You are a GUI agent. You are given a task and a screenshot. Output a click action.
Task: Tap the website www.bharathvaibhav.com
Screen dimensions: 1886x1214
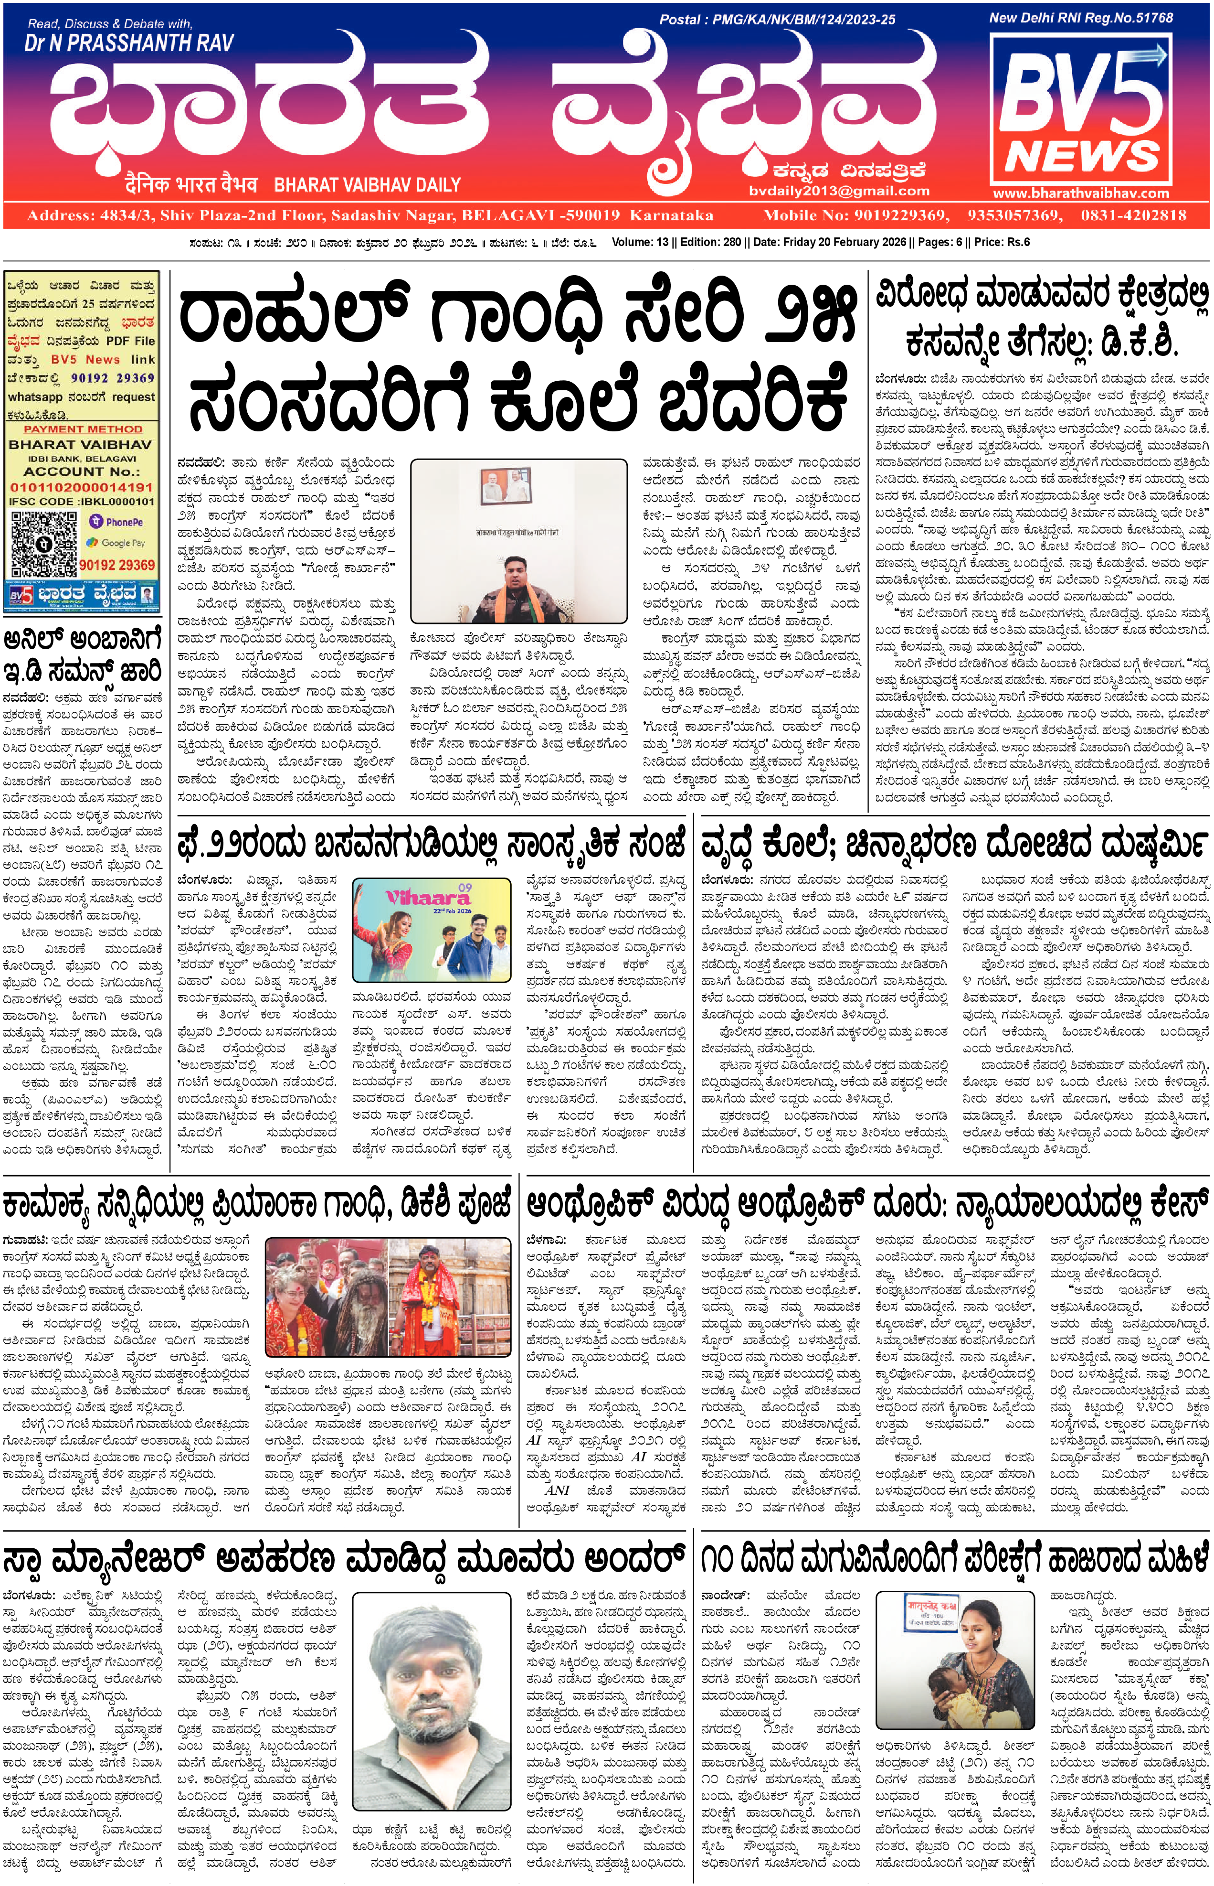coord(1081,193)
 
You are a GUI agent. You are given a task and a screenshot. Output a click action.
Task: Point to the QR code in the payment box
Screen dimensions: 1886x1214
coord(43,544)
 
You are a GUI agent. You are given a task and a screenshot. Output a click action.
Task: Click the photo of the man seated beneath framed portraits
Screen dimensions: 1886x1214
coord(519,542)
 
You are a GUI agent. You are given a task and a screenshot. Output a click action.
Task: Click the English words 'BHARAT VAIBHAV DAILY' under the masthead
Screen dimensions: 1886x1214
coord(368,185)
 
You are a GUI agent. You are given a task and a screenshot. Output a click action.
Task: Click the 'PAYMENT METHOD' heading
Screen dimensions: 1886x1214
coord(83,429)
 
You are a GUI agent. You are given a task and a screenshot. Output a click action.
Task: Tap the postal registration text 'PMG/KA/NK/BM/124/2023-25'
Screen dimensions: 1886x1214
coord(804,20)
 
